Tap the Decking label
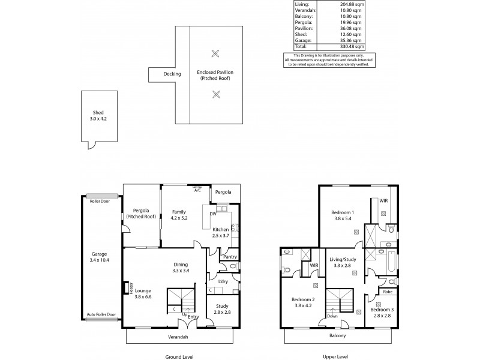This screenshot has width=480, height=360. click(172, 74)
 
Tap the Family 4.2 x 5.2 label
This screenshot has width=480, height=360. click(179, 215)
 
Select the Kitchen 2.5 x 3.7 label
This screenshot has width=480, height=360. click(221, 233)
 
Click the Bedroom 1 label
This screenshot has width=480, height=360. click(343, 215)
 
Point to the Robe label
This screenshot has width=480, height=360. click(388, 292)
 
